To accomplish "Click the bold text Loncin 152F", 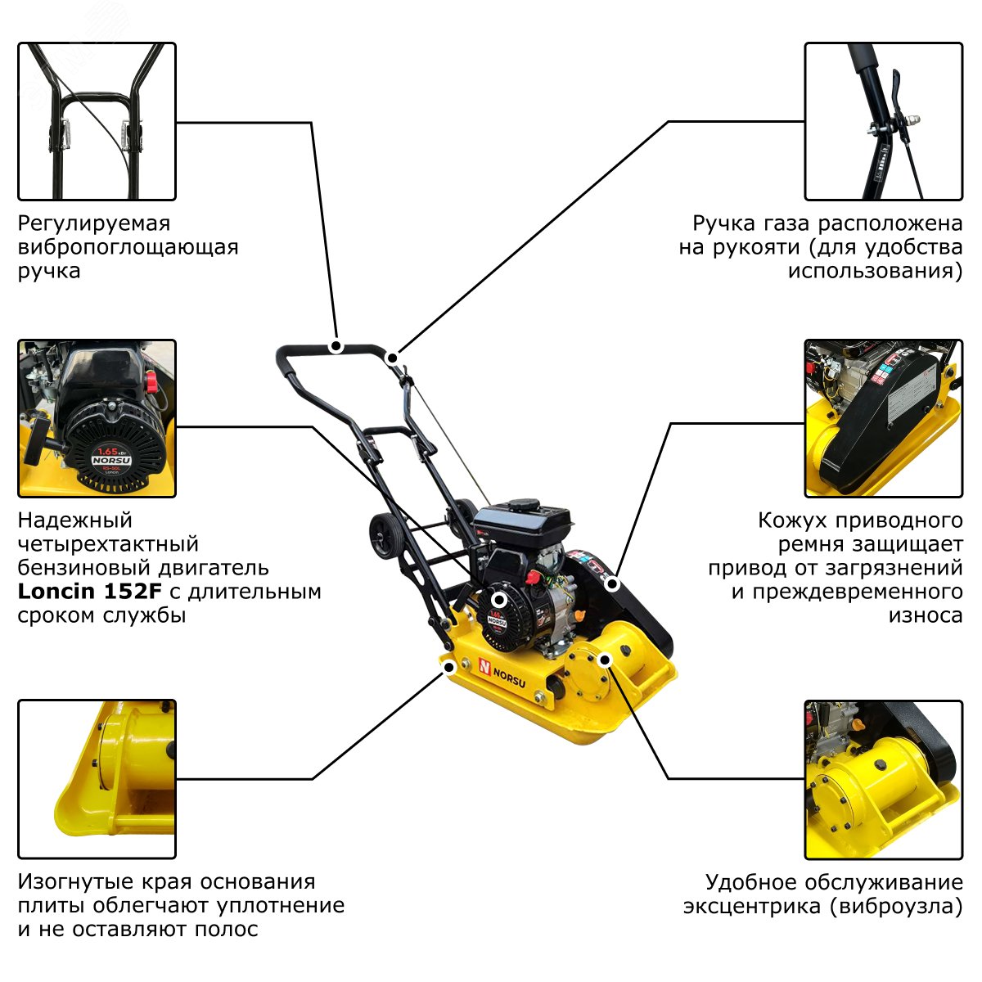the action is [89, 591].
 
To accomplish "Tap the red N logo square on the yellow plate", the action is [484, 665].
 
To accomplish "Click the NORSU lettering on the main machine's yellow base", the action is [509, 678].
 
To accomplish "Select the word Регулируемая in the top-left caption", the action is [94, 224].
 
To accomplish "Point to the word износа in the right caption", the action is [926, 615].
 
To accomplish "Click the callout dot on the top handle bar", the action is [336, 346].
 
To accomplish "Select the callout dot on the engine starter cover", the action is [499, 600].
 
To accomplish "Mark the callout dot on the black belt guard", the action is [613, 584].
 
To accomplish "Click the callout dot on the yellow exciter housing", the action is [605, 660].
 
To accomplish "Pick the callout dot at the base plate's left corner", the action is [449, 667].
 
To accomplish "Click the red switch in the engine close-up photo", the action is [151, 379].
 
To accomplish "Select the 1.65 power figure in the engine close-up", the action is [108, 451].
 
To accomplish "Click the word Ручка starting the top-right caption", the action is [723, 224].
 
